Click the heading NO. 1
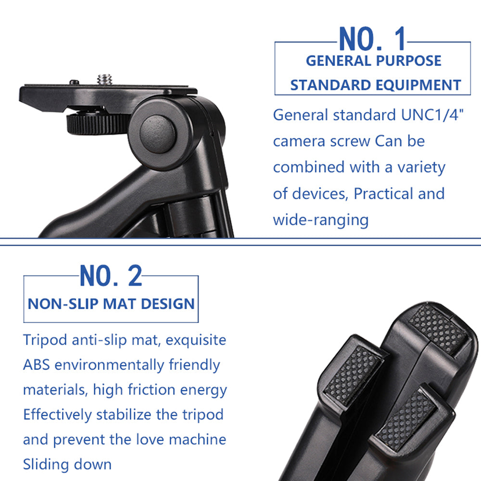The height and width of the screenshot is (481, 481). point(373,39)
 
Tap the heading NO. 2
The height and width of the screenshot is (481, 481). point(111,276)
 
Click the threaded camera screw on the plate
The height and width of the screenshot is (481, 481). point(104,79)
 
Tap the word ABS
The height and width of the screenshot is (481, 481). point(37,365)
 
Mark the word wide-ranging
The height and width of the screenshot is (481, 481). point(321,220)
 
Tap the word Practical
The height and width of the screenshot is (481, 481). point(380,194)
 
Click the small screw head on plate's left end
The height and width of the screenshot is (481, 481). point(75,82)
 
